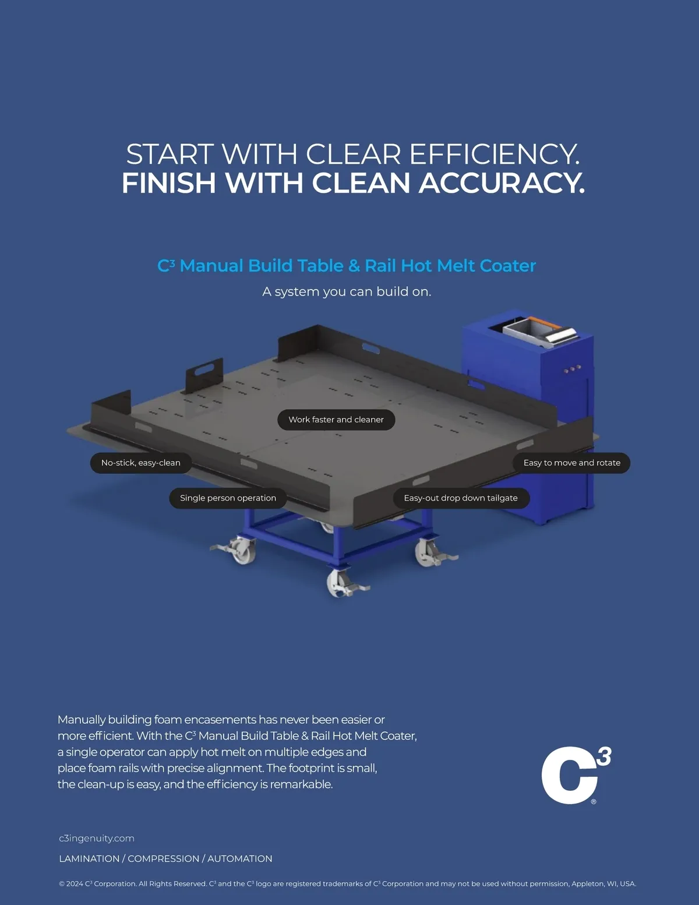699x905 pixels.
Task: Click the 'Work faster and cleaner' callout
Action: pos(336,420)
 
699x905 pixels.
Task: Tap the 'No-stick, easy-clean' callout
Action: pos(141,463)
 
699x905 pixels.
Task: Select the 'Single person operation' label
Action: pos(228,498)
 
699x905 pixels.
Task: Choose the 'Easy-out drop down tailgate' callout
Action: pos(461,498)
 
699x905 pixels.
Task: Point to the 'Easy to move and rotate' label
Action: pos(571,463)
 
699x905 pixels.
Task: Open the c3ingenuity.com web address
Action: pos(97,839)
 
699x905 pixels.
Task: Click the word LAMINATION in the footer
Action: pos(89,859)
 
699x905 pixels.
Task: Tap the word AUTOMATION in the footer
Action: pos(240,859)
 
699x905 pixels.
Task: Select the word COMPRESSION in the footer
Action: pos(163,859)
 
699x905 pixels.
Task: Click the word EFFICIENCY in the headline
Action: pos(494,154)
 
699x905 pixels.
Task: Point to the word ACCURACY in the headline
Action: pos(502,183)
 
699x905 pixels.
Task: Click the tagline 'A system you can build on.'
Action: pos(347,291)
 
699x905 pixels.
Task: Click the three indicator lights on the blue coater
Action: pos(573,369)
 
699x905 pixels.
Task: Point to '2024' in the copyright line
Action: pos(75,884)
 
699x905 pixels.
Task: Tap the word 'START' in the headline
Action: pos(170,154)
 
